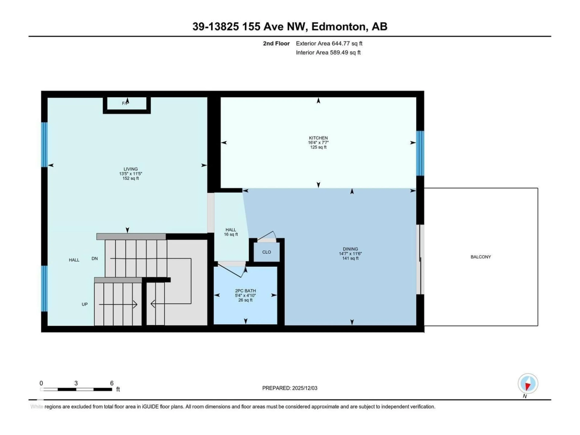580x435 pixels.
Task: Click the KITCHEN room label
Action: pyautogui.click(x=318, y=138)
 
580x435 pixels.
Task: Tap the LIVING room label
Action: pyautogui.click(x=131, y=169)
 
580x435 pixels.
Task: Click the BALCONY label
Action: pyautogui.click(x=481, y=257)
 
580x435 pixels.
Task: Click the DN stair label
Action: pyautogui.click(x=95, y=259)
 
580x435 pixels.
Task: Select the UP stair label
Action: pyautogui.click(x=84, y=304)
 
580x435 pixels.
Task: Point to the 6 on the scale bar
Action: pyautogui.click(x=112, y=383)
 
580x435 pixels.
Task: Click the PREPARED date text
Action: pyautogui.click(x=290, y=388)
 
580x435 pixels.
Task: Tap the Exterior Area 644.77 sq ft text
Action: pyautogui.click(x=329, y=43)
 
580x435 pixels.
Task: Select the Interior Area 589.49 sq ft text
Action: pyautogui.click(x=328, y=52)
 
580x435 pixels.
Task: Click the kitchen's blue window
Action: pyautogui.click(x=420, y=153)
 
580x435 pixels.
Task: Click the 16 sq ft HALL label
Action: pyautogui.click(x=231, y=232)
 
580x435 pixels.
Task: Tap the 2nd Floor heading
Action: pyautogui.click(x=276, y=43)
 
